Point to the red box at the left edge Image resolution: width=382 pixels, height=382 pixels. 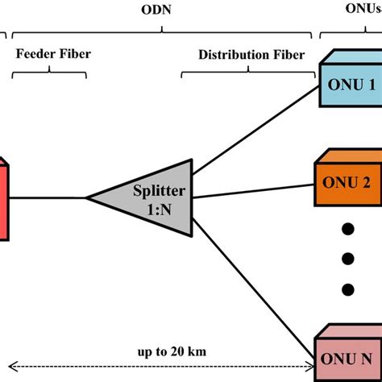(4, 198)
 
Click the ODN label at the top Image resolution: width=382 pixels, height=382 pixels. (162, 10)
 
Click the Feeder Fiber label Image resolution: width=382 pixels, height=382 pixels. (53, 54)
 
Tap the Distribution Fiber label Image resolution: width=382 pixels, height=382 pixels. (251, 54)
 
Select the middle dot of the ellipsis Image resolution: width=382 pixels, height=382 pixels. (347, 259)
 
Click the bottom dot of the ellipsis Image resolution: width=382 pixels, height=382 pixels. (347, 289)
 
